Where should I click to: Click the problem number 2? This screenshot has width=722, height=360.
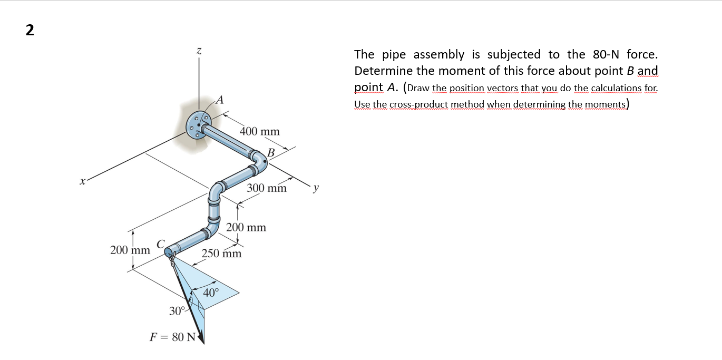30,30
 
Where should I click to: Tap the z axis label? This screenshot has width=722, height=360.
199,50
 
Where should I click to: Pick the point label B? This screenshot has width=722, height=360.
271,152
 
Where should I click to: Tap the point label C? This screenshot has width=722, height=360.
161,243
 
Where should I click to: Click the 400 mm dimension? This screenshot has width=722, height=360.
260,131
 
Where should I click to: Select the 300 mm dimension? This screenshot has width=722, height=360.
267,188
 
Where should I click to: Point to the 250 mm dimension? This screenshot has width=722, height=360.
222,254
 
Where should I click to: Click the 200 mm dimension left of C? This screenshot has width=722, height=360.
130,249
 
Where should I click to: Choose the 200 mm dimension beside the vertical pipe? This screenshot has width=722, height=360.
246,228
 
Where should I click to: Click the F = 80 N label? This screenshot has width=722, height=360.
173,337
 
